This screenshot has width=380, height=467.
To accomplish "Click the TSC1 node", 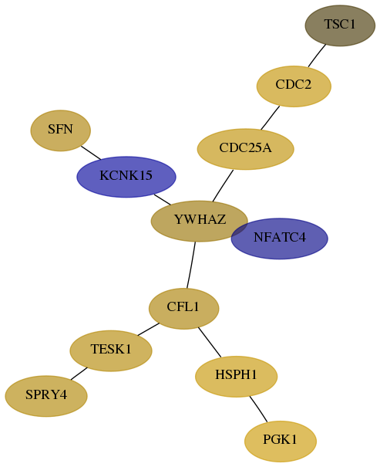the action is pyautogui.click(x=340, y=25).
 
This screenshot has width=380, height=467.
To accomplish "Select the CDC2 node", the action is pyautogui.click(x=294, y=86).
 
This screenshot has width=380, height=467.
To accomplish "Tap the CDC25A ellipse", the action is pyautogui.click(x=246, y=149).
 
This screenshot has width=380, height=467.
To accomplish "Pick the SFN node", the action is pyautogui.click(x=60, y=130).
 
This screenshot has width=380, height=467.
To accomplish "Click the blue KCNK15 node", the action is pyautogui.click(x=126, y=177).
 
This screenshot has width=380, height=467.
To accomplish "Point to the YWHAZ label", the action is pyautogui.click(x=200, y=219).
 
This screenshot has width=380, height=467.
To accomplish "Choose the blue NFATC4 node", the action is pyautogui.click(x=280, y=239).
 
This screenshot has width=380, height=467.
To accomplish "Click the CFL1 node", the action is pyautogui.click(x=183, y=309).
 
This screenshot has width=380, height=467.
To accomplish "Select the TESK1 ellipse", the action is pyautogui.click(x=111, y=351).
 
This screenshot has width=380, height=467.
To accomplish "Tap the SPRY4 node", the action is pyautogui.click(x=46, y=396).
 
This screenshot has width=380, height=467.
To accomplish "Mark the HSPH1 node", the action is pyautogui.click(x=237, y=377).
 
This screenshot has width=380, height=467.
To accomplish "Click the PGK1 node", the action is pyautogui.click(x=281, y=442).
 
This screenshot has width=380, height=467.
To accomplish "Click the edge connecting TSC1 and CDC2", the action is pyautogui.click(x=317, y=56).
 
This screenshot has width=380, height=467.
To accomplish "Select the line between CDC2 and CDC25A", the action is pyautogui.click(x=271, y=117).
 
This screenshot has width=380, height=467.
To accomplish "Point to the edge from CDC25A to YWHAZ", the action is pyautogui.click(x=223, y=185).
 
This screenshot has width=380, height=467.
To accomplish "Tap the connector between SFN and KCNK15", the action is pyautogui.click(x=91, y=153).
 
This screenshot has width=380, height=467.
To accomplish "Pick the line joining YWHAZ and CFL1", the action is pyautogui.click(x=191, y=265).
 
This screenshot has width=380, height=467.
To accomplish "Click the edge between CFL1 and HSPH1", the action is pyautogui.click(x=210, y=342).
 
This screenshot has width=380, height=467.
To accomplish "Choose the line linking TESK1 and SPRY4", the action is pyautogui.click(x=79, y=374).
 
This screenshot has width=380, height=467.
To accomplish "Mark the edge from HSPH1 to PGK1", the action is pyautogui.click(x=258, y=409).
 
